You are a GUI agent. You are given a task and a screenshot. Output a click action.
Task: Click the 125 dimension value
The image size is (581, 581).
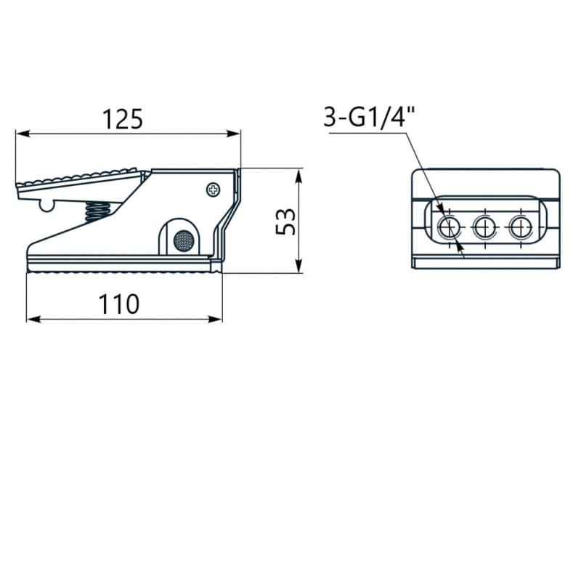point(122,119)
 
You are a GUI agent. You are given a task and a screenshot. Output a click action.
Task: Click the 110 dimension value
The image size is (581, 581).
point(118,304)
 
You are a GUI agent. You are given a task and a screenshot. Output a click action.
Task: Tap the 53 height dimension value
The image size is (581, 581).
point(285,222)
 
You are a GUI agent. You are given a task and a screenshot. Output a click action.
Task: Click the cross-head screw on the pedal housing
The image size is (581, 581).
point(213,190)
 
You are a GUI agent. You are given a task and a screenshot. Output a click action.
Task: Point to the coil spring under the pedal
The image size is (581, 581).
point(98,211)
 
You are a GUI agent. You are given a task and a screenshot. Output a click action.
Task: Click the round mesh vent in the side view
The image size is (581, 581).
point(184,240)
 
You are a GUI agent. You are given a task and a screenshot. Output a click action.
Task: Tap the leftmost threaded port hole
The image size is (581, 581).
point(449,227)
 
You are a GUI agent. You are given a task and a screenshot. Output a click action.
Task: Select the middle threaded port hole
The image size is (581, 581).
point(484,227)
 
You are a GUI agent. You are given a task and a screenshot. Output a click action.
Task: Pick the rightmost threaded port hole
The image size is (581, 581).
point(521,227)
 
